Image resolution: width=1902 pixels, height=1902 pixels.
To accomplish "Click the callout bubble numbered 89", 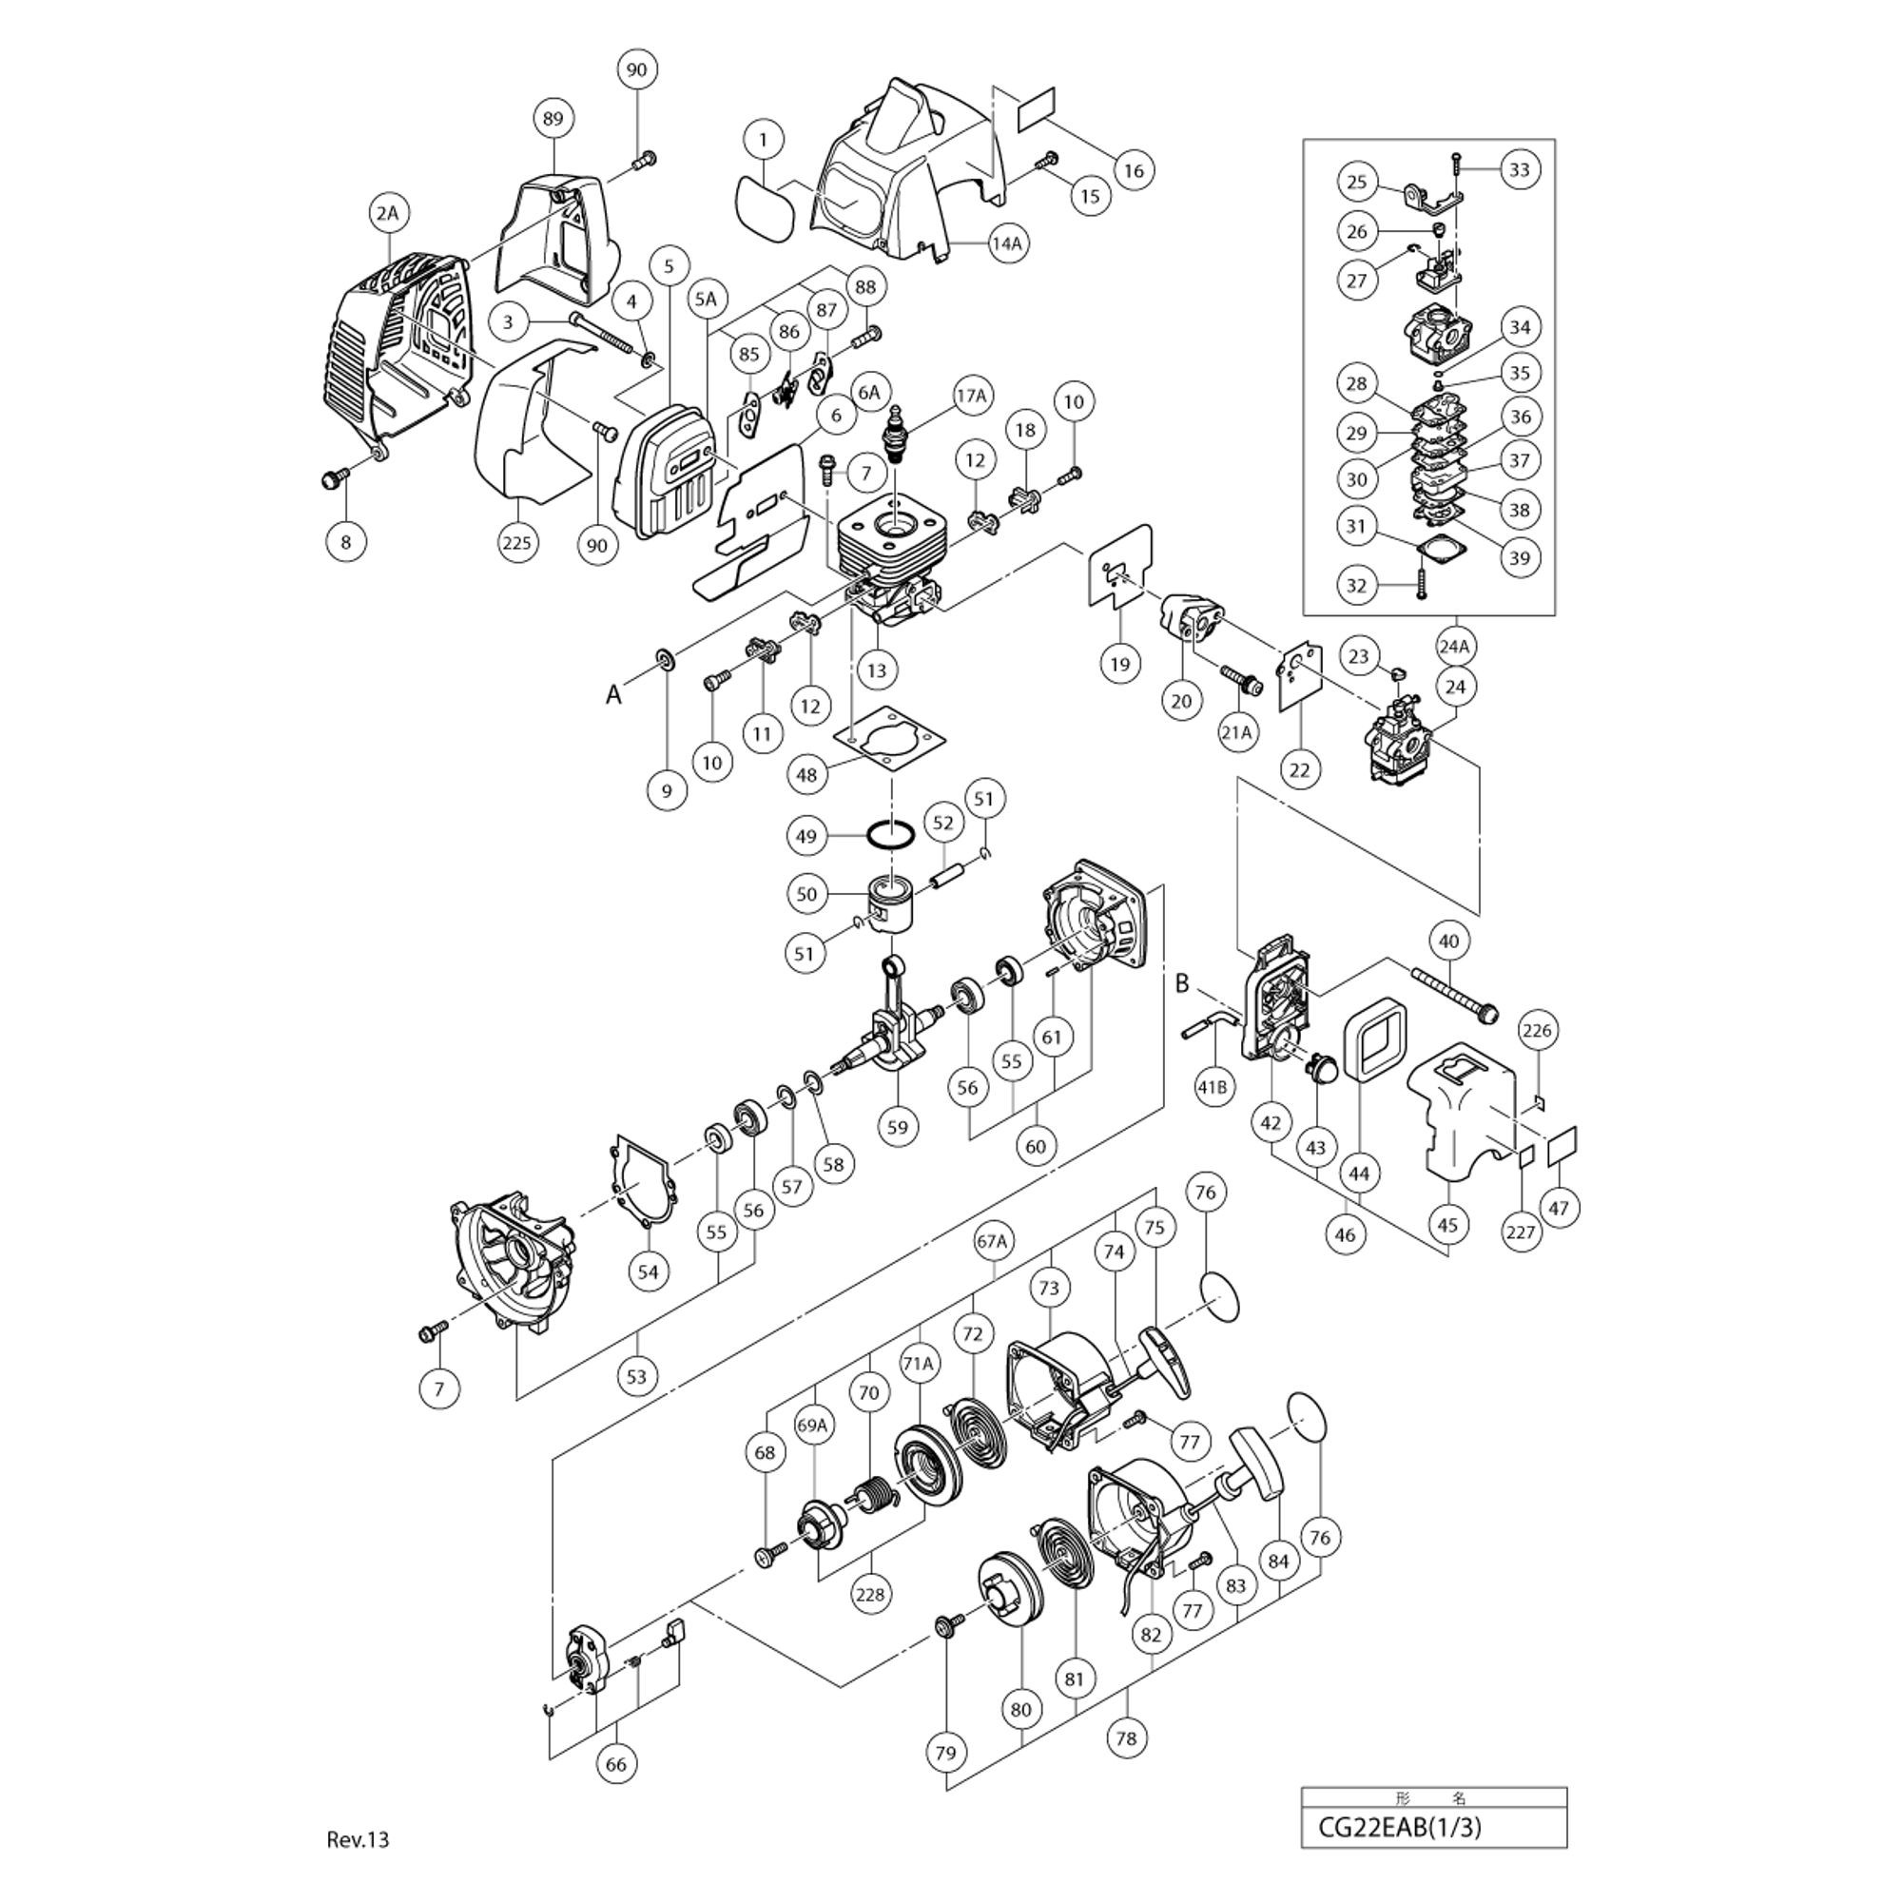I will pyautogui.click(x=553, y=119).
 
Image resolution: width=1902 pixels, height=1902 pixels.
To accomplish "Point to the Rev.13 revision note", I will pyautogui.click(x=359, y=1840).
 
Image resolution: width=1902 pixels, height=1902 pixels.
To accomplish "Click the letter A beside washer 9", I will pyautogui.click(x=613, y=695).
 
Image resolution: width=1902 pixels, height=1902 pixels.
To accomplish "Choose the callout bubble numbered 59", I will pyautogui.click(x=897, y=1127).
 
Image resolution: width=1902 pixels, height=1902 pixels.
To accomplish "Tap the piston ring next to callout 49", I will pyautogui.click(x=890, y=836).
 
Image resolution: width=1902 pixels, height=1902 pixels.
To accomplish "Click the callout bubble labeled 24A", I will pyautogui.click(x=1453, y=647).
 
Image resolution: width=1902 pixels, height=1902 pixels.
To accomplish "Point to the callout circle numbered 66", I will pyautogui.click(x=615, y=1764).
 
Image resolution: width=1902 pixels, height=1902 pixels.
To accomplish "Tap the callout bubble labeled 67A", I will pyautogui.click(x=992, y=1241).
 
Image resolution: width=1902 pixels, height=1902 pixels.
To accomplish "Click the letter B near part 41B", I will pyautogui.click(x=1183, y=982).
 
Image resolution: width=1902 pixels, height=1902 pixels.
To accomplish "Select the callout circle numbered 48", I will pyautogui.click(x=806, y=776).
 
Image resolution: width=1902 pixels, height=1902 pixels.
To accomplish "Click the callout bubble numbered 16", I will pyautogui.click(x=1135, y=170).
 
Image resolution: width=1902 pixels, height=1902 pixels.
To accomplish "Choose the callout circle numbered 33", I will pyautogui.click(x=1519, y=169).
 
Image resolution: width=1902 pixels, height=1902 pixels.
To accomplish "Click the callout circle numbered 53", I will pyautogui.click(x=637, y=1375).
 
